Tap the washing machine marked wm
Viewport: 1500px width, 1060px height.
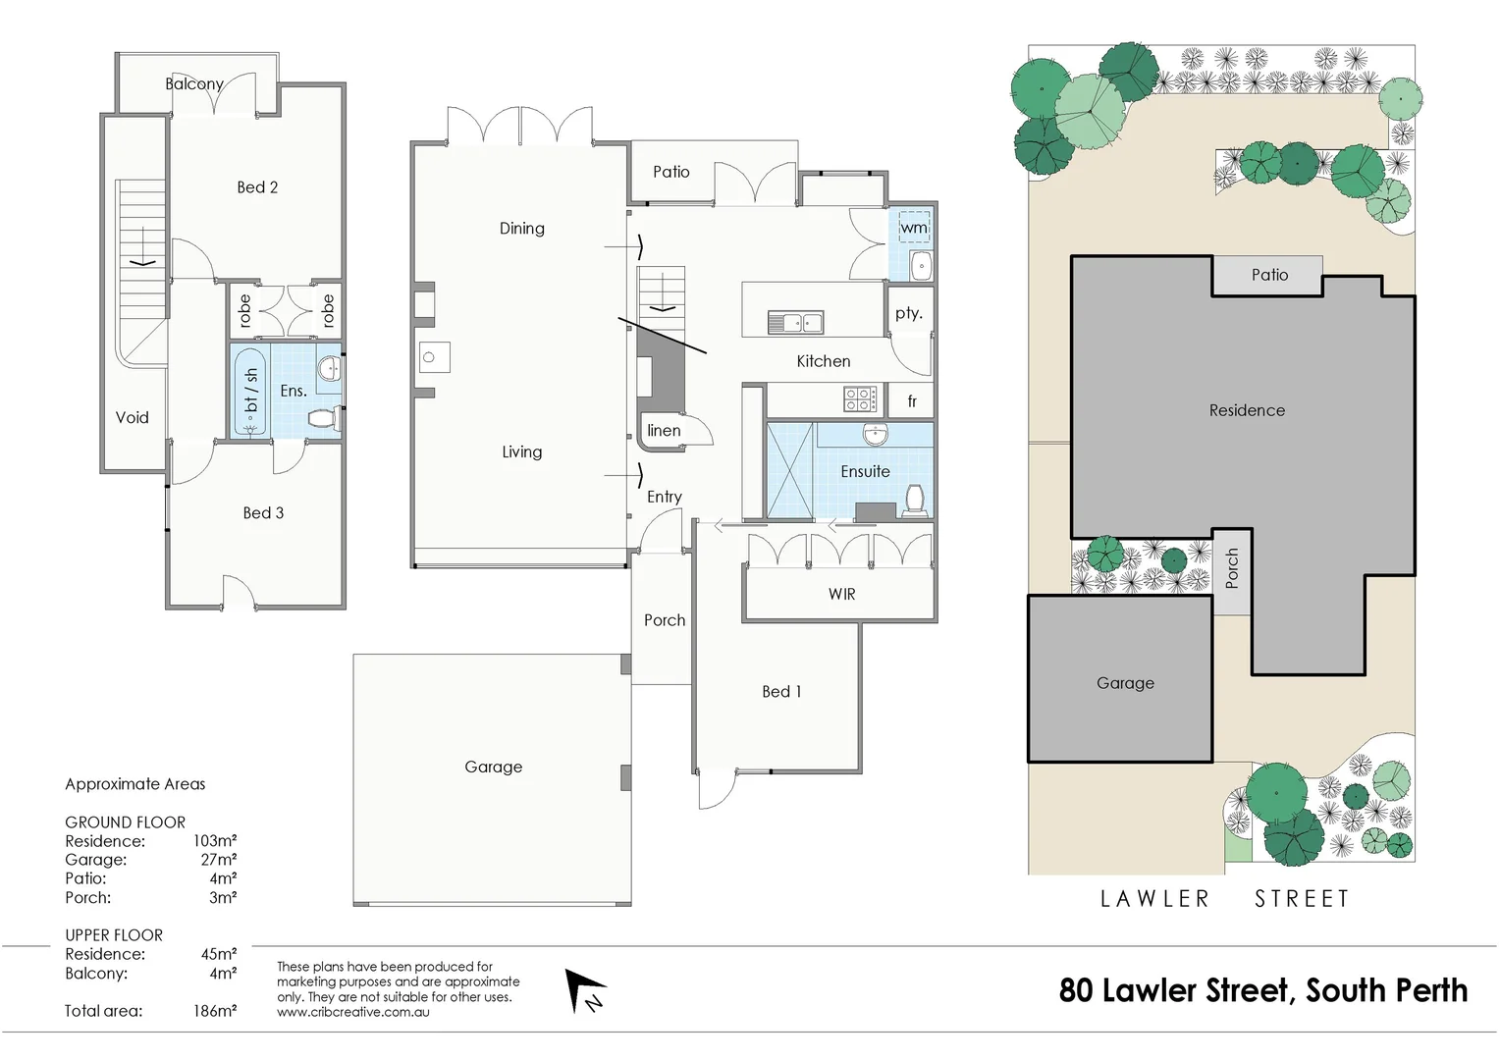pyautogui.click(x=914, y=228)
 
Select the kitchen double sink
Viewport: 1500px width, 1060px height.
pyautogui.click(x=795, y=322)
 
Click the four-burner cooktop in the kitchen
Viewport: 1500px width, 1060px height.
pyautogui.click(x=860, y=399)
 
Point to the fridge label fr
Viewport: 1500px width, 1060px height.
pyautogui.click(x=912, y=400)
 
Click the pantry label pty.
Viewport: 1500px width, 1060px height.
pyautogui.click(x=908, y=313)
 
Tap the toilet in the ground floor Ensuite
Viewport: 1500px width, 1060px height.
pyautogui.click(x=915, y=500)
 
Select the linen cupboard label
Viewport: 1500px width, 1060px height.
pyautogui.click(x=664, y=431)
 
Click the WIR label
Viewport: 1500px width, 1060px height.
pyautogui.click(x=841, y=595)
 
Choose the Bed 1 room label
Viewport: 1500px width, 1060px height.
pyautogui.click(x=781, y=692)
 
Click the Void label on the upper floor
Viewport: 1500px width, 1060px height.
pyautogui.click(x=133, y=418)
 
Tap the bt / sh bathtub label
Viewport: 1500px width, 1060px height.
pyautogui.click(x=251, y=391)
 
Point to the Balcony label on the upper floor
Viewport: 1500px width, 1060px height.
pyautogui.click(x=194, y=84)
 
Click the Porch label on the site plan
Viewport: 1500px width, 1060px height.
pyautogui.click(x=1232, y=569)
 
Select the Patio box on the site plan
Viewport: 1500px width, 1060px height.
pyautogui.click(x=1268, y=276)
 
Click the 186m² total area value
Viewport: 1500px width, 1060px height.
pyautogui.click(x=214, y=1011)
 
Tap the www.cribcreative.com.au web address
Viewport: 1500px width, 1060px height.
pyautogui.click(x=353, y=1012)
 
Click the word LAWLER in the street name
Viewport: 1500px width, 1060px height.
pyautogui.click(x=1154, y=899)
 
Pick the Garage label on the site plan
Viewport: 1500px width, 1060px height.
pyautogui.click(x=1125, y=683)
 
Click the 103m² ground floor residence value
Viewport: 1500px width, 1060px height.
pyautogui.click(x=214, y=841)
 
